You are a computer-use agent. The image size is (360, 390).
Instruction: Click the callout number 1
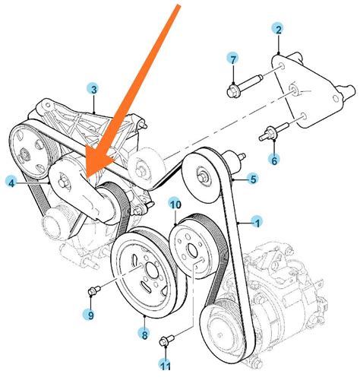pos(257,224)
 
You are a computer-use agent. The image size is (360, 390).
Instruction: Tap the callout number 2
pos(278,30)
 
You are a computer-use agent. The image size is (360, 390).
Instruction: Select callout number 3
pos(93,89)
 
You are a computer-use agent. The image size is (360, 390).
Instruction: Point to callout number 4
pos(11,182)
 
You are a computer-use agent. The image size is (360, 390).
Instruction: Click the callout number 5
pos(253,179)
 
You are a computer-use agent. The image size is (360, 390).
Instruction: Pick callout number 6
pos(274,160)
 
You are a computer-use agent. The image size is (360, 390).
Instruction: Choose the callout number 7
pos(232,59)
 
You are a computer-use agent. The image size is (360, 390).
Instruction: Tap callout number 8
pos(144,335)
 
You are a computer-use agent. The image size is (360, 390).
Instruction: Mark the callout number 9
pos(90,315)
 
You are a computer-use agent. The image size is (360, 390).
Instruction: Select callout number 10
pos(175,205)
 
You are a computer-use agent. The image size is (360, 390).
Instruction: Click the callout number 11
pos(166,366)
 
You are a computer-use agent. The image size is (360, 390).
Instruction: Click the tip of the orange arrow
pos(87,178)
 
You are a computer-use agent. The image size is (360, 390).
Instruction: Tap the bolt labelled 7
pos(245,85)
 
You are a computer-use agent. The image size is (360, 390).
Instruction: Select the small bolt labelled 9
pos(94,290)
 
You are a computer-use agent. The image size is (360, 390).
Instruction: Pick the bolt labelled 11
pos(166,340)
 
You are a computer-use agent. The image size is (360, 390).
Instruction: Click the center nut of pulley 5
pos(201,176)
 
